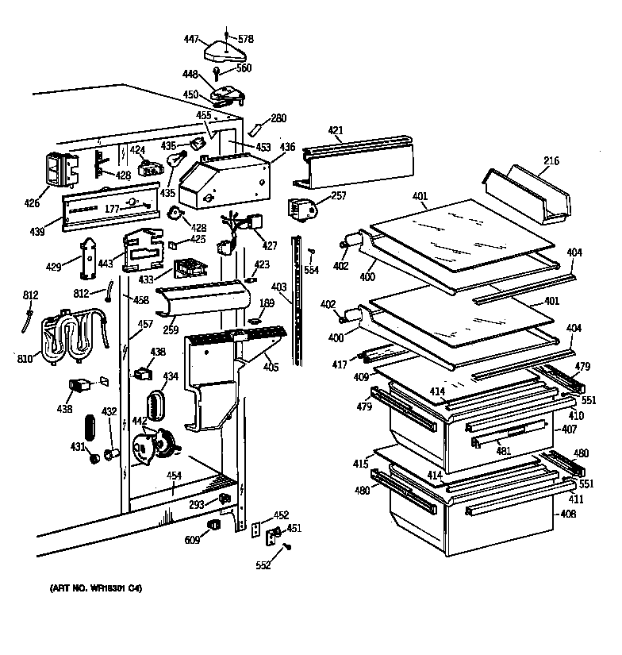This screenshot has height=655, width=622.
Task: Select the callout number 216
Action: pyautogui.click(x=551, y=161)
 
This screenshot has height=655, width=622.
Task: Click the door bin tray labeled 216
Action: pyautogui.click(x=528, y=193)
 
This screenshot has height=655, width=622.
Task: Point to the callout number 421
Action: pyautogui.click(x=336, y=131)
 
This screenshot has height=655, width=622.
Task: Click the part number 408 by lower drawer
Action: pyautogui.click(x=567, y=514)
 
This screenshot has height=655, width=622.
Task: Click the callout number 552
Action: pyautogui.click(x=263, y=565)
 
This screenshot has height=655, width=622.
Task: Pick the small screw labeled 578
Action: pyautogui.click(x=228, y=34)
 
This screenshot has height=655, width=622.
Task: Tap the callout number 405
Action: pyautogui.click(x=271, y=367)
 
